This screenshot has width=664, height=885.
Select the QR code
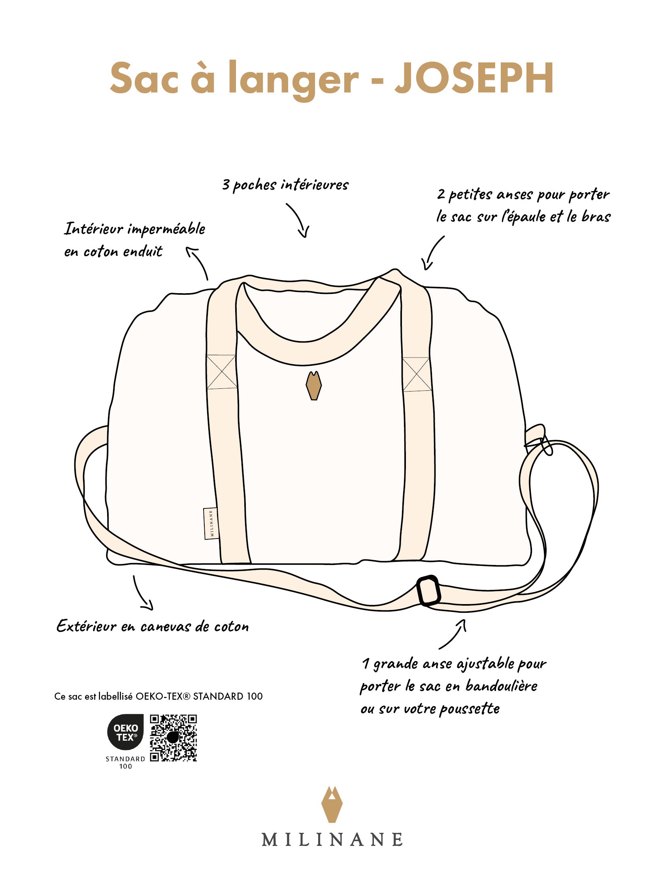(x=173, y=738)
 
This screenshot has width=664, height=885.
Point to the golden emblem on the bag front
(x=313, y=386)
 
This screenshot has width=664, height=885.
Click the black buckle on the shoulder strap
(x=428, y=591)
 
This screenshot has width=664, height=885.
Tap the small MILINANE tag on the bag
(x=211, y=523)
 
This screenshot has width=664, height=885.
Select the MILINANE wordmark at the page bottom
(x=332, y=840)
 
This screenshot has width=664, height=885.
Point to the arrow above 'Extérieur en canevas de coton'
(x=143, y=593)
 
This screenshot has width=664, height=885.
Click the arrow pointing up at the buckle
(x=454, y=634)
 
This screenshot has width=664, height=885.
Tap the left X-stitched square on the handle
(x=221, y=372)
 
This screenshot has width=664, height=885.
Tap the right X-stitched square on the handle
(x=416, y=374)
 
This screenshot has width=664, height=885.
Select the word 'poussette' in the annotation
(x=469, y=709)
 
